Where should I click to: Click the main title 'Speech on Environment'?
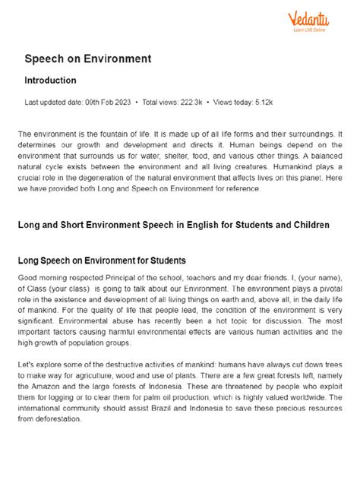(x=87, y=58)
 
